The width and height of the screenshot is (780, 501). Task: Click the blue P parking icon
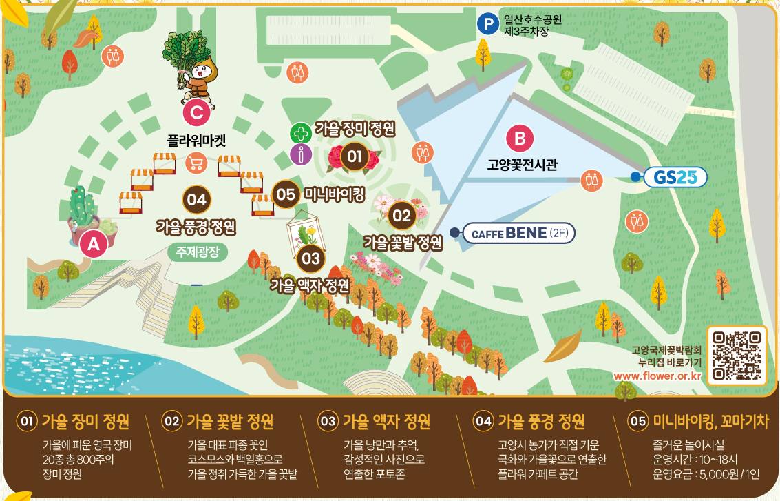click(487, 25)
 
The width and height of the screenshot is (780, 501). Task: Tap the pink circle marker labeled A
click(94, 243)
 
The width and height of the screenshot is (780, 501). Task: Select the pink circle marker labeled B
click(520, 139)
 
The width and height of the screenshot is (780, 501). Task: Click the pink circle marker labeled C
click(196, 112)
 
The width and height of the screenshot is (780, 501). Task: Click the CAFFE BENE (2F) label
click(518, 234)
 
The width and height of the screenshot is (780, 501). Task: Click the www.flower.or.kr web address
click(657, 376)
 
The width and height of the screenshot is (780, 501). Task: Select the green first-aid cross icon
click(300, 132)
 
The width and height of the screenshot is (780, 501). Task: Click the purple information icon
click(300, 155)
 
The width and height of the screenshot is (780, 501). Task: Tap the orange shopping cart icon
click(196, 163)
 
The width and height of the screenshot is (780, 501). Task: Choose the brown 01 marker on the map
click(354, 156)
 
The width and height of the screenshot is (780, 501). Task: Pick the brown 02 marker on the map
click(401, 216)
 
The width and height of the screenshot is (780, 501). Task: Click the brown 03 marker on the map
click(311, 258)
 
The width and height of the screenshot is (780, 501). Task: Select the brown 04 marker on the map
click(196, 200)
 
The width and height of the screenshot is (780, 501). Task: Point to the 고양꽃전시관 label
click(522, 165)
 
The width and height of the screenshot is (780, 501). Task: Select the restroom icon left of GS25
click(591, 181)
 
